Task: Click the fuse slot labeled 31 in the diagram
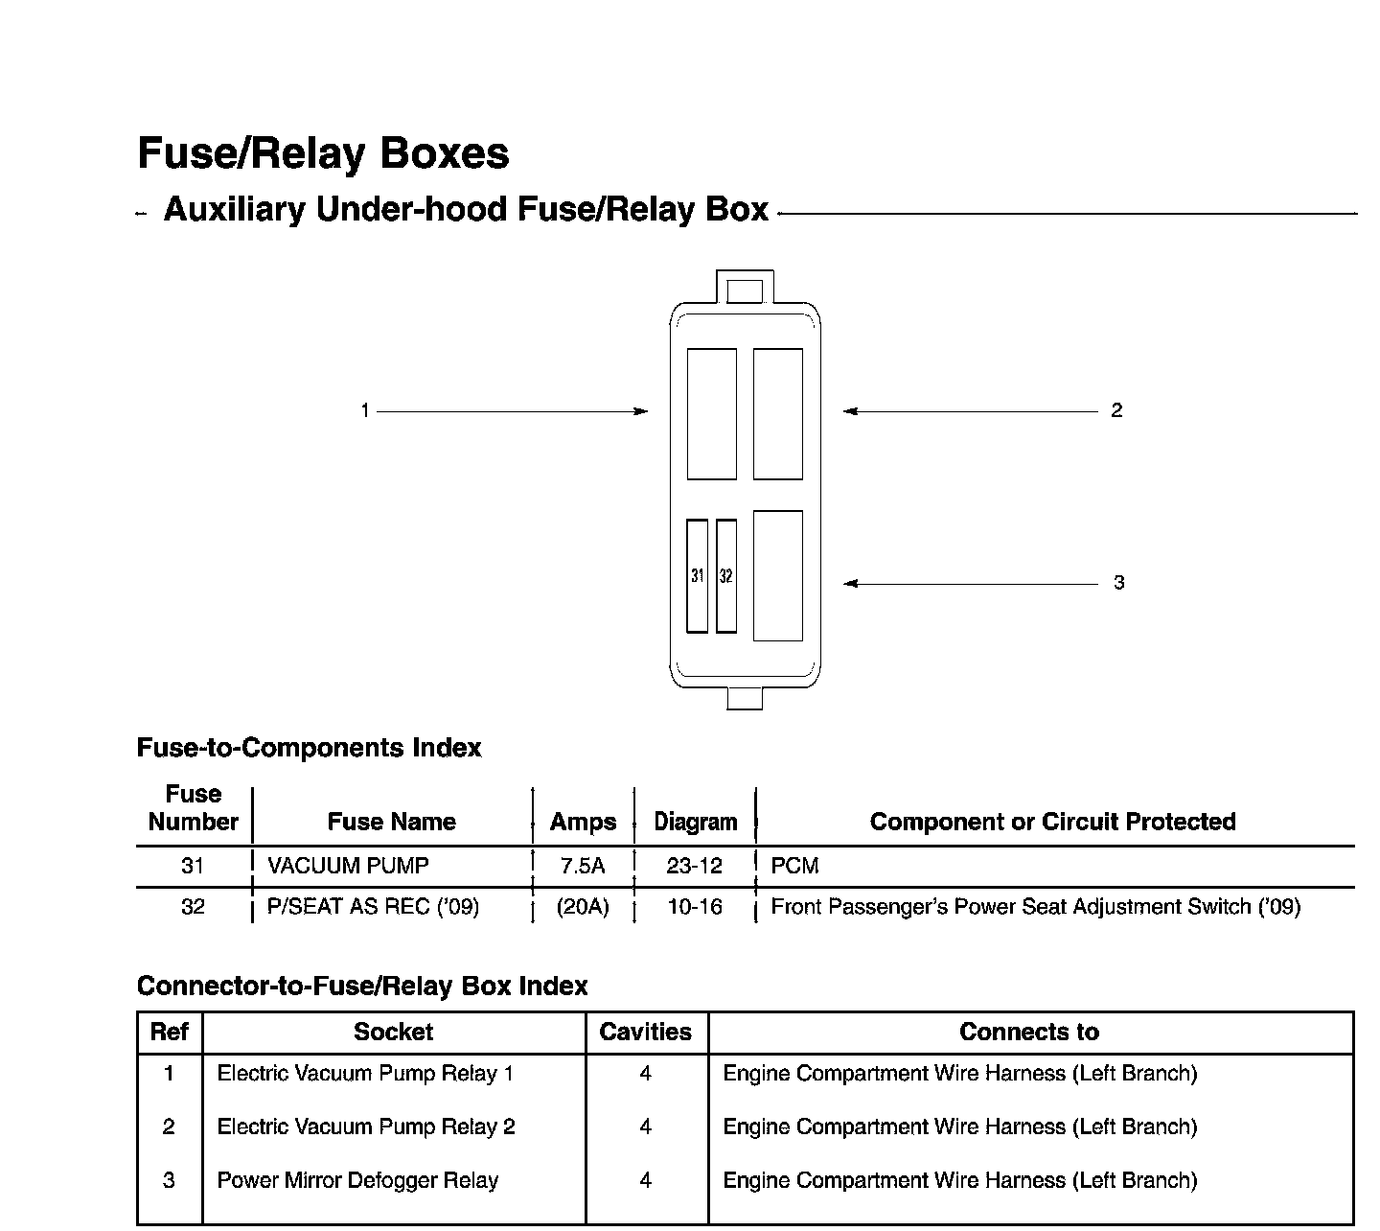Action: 697,576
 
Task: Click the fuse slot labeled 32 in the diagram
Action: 726,576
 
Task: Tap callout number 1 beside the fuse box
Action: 365,410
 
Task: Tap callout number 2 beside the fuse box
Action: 1117,410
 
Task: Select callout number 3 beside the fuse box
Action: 1119,583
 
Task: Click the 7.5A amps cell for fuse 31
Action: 583,866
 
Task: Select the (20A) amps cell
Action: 583,907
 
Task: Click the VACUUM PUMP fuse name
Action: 348,866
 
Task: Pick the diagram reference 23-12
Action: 694,866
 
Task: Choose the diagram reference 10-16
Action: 694,907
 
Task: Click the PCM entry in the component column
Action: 794,866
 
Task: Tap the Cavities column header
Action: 645,1032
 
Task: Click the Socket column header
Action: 393,1032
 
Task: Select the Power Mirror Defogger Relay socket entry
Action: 357,1180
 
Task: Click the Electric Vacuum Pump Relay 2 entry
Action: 366,1126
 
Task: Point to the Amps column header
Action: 583,822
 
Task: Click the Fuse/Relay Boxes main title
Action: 323,153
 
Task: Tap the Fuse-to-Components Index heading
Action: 309,748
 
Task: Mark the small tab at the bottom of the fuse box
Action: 745,699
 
